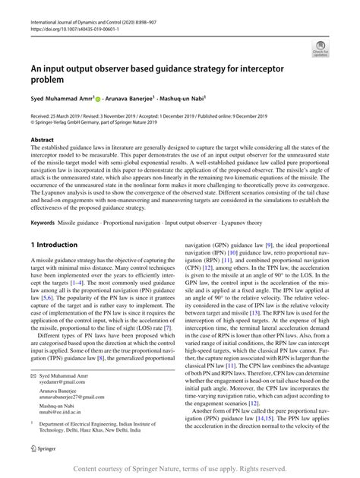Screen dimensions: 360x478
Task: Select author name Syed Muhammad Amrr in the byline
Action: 60,98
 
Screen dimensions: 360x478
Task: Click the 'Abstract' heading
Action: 42,140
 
